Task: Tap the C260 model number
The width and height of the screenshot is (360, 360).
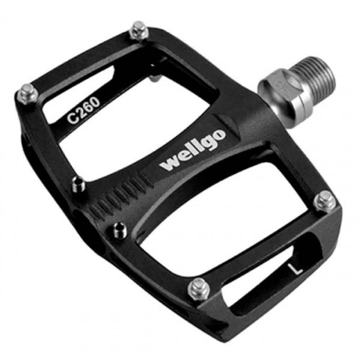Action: [84, 111]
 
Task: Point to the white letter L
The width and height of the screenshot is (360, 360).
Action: [296, 269]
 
